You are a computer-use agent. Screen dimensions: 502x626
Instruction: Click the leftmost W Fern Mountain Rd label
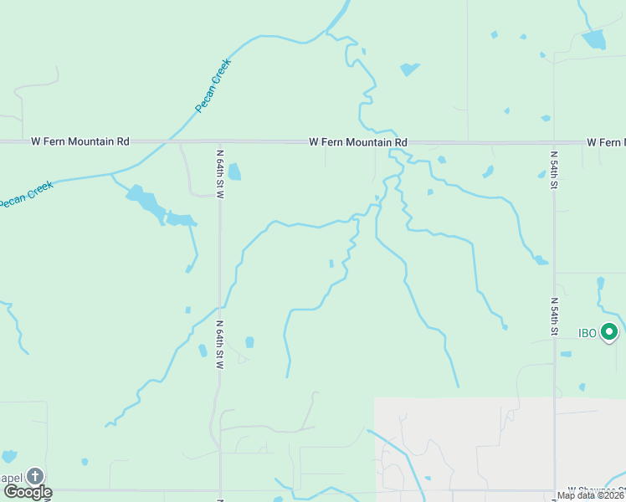pyautogui.click(x=80, y=142)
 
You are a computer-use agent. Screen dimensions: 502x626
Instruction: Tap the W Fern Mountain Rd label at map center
pyautogui.click(x=357, y=143)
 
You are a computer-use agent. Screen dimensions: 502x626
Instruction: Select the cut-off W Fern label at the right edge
pyautogui.click(x=605, y=143)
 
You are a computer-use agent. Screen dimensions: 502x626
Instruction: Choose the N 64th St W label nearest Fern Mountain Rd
pyautogui.click(x=220, y=173)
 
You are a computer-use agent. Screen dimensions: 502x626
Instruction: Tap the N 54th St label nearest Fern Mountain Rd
pyautogui.click(x=553, y=165)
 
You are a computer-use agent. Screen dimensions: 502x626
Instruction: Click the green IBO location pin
pyautogui.click(x=609, y=332)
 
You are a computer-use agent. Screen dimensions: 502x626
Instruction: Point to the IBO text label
pyautogui.click(x=588, y=333)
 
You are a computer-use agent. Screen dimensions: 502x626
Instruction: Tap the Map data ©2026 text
pyautogui.click(x=590, y=495)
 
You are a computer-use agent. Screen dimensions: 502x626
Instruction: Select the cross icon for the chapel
pyautogui.click(x=34, y=476)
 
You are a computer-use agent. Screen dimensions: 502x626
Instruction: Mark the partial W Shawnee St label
pyautogui.click(x=596, y=489)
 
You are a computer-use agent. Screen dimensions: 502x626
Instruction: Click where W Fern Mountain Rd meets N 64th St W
pyautogui.click(x=219, y=143)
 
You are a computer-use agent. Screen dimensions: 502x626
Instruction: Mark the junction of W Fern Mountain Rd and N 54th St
pyautogui.click(x=553, y=143)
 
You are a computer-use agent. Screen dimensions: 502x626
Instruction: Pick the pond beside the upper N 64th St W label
pyautogui.click(x=234, y=172)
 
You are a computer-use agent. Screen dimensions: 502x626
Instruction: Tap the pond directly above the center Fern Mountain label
pyautogui.click(x=408, y=69)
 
